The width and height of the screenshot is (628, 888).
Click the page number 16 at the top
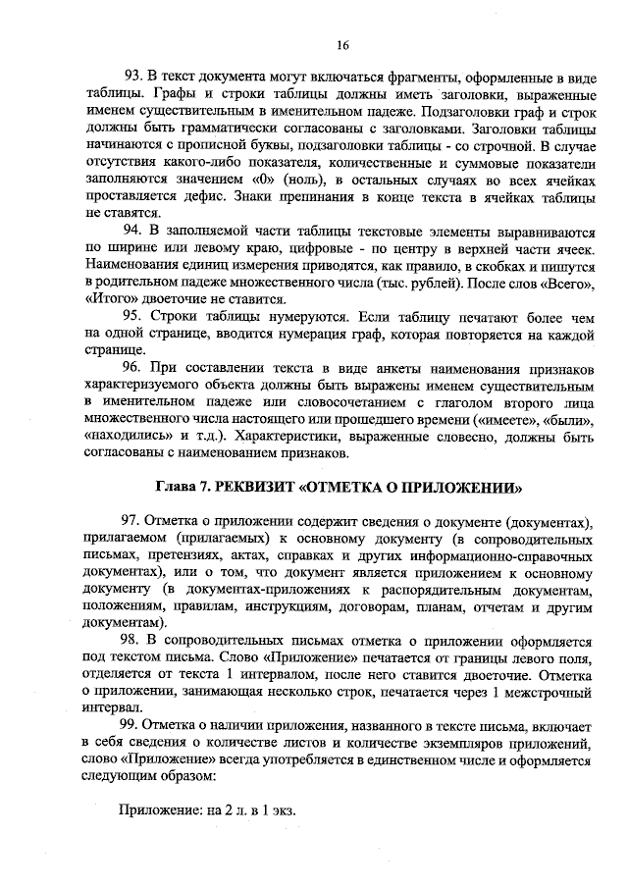(342, 45)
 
